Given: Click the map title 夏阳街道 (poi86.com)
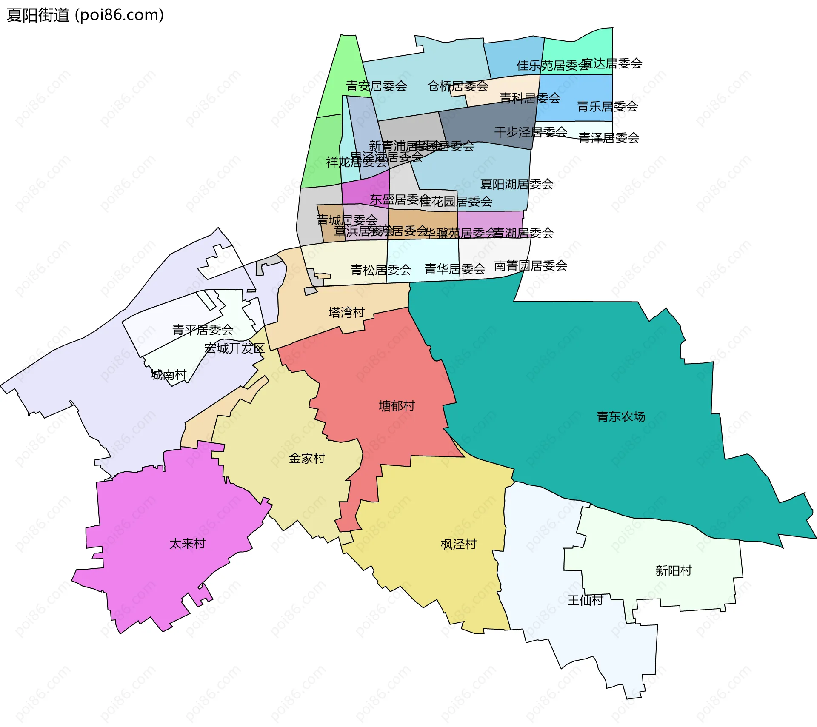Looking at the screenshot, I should (x=85, y=15).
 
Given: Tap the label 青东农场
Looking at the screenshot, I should (x=621, y=416).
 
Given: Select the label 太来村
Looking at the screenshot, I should (x=187, y=544).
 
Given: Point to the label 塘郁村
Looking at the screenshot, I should (x=397, y=406).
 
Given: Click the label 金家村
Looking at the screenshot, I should (x=307, y=459).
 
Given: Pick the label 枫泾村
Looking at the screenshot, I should (x=458, y=545).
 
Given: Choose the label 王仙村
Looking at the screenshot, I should (x=585, y=600).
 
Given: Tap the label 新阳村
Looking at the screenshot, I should (x=674, y=570).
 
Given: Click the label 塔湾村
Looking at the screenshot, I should (x=346, y=313).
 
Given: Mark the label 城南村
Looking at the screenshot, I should (x=169, y=375).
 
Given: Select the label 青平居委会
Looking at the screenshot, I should (x=203, y=330).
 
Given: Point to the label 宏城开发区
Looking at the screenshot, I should (x=234, y=348).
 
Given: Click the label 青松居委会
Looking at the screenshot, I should (x=381, y=270).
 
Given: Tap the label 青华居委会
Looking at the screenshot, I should (x=455, y=269).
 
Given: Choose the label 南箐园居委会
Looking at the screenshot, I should (x=530, y=266).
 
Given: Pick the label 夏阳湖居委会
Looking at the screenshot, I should (x=517, y=184).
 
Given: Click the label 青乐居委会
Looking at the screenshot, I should (x=607, y=106).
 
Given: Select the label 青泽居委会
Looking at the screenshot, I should (x=609, y=138).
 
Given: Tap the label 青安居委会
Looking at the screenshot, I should (x=376, y=86).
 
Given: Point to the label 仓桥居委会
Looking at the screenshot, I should (x=457, y=86).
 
